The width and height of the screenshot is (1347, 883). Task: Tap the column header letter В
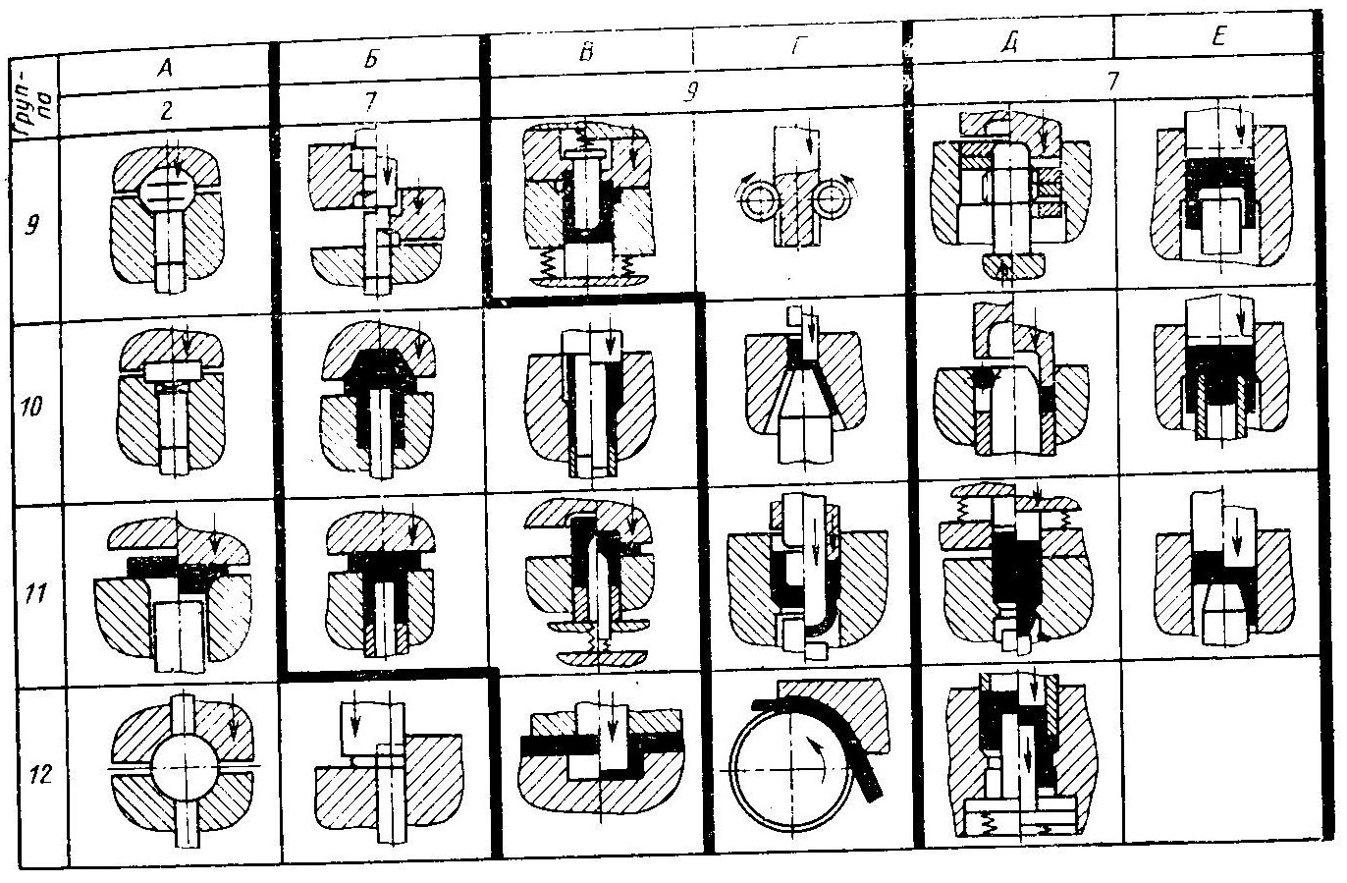(585, 53)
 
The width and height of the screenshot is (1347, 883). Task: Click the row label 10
(32, 406)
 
